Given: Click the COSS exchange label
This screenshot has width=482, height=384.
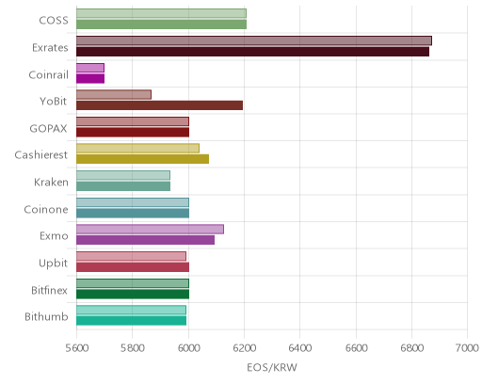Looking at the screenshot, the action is coord(54,21).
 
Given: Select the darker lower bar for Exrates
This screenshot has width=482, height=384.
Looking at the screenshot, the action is coord(252,52).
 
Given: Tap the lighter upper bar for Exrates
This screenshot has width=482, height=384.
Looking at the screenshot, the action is coord(254,40).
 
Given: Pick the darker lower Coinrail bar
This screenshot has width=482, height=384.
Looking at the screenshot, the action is coord(90,78).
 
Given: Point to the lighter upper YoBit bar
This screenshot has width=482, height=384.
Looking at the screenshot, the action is coord(114,95).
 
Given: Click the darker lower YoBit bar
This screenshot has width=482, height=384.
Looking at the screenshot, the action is coord(159,105).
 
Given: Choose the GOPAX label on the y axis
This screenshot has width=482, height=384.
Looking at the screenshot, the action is coord(49,129).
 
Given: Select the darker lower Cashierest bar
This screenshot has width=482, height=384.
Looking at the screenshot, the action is coord(142,159).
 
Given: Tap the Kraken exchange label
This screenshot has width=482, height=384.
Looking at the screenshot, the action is coord(51,183).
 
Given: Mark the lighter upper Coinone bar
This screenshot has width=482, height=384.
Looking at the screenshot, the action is coord(133,202).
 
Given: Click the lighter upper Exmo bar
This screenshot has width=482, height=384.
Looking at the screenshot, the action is coord(150,230).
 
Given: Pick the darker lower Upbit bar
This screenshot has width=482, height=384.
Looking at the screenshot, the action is coord(133,267).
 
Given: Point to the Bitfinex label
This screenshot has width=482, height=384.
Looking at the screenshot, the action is coord(49,291).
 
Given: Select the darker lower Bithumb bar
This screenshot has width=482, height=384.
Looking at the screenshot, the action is coord(131,321).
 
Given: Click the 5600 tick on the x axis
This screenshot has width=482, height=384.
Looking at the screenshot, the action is coord(77,348).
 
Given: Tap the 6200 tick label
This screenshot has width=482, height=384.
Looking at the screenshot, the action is coord(245,348).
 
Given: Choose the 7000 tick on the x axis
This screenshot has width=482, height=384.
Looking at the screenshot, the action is coord(467,348).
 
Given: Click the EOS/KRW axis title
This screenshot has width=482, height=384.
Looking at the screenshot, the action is coord(272,367).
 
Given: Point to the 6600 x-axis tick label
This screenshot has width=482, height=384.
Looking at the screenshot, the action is coord(356,348).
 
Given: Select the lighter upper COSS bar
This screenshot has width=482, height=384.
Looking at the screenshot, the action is coord(161,13).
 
